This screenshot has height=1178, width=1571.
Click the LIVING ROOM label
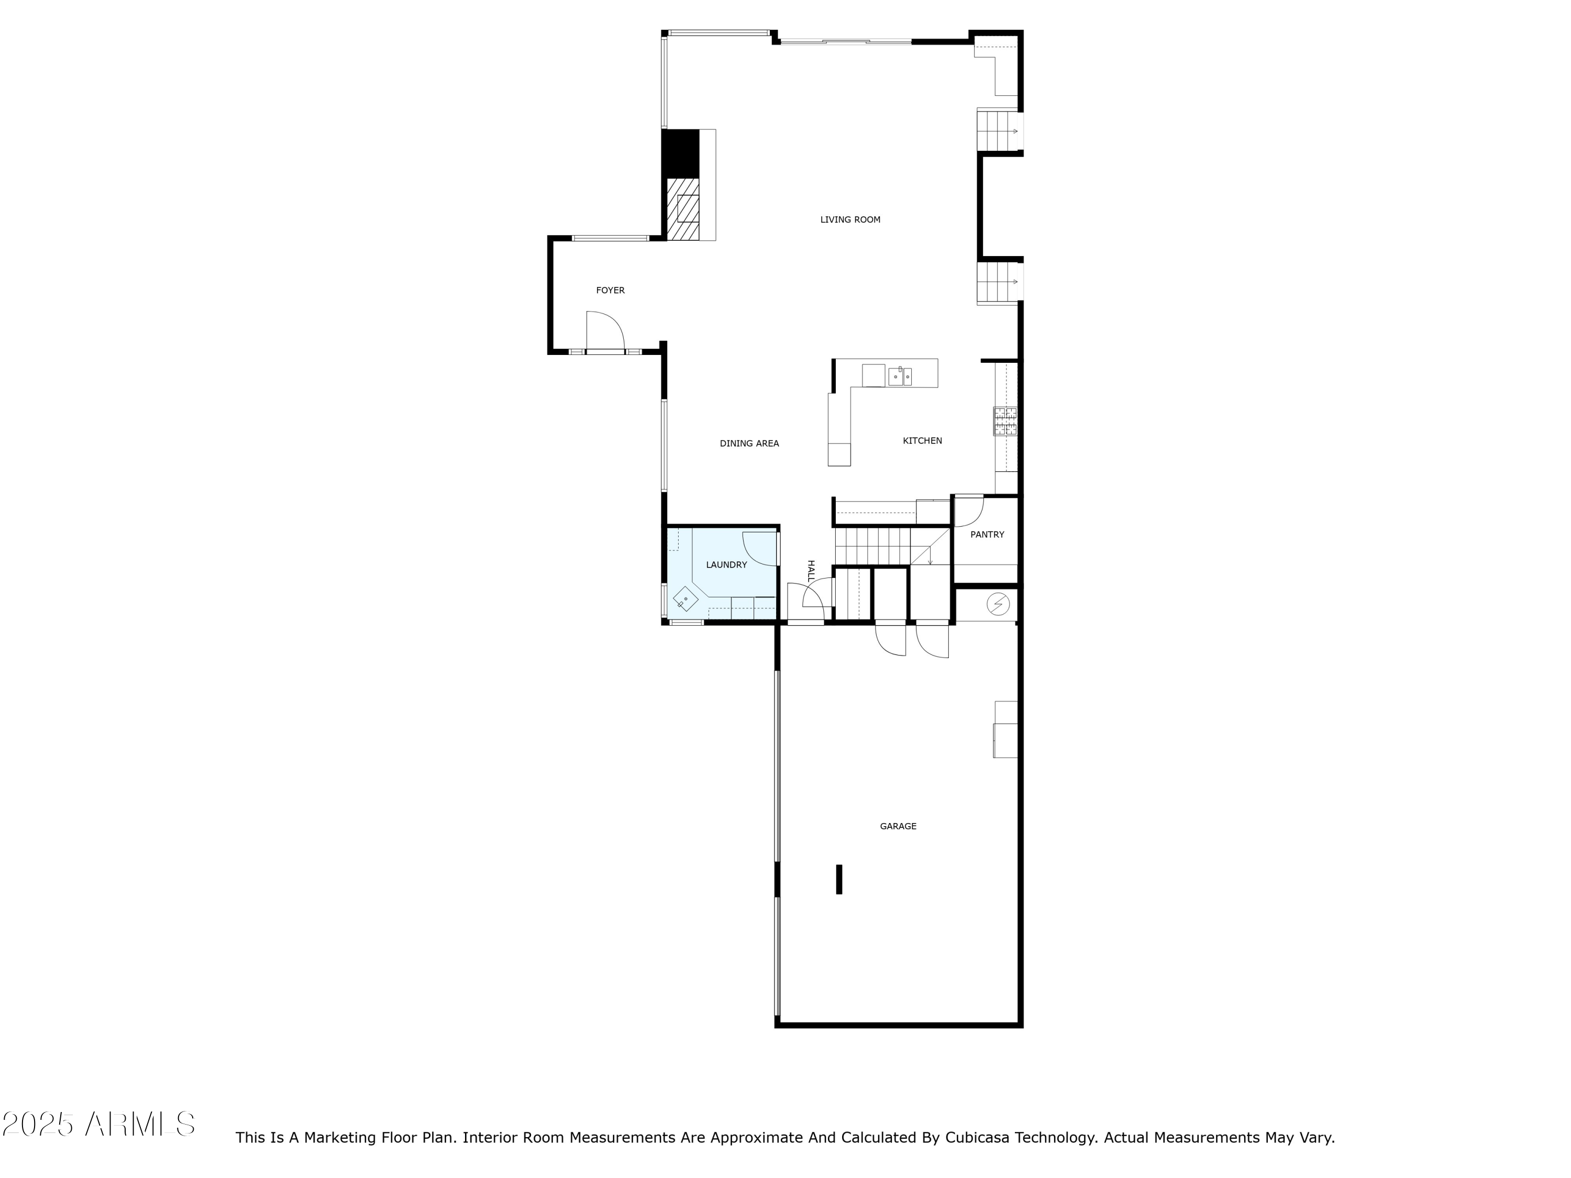850,219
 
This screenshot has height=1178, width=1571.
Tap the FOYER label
610,291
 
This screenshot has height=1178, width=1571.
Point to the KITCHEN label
922,441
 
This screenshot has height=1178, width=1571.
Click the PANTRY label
987,535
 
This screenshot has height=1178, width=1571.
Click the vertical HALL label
810,571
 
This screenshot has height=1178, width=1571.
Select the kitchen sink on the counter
900,376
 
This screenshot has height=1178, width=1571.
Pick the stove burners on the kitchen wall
1004,420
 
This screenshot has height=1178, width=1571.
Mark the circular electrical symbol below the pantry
998,604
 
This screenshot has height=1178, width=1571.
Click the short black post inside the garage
839,879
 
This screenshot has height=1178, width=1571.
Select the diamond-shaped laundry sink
685,598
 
